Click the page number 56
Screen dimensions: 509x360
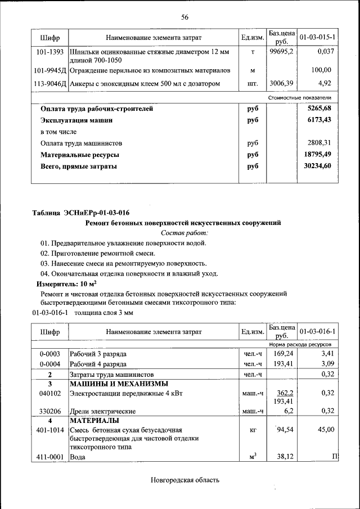click(184, 17)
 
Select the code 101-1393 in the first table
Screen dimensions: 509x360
click(49, 52)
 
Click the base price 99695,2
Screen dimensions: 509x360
click(281, 52)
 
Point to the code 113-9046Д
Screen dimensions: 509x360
click(50, 84)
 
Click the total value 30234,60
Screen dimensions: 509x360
click(318, 166)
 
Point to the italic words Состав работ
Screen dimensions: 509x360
click(184, 233)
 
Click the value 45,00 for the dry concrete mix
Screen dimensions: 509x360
click(325, 429)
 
